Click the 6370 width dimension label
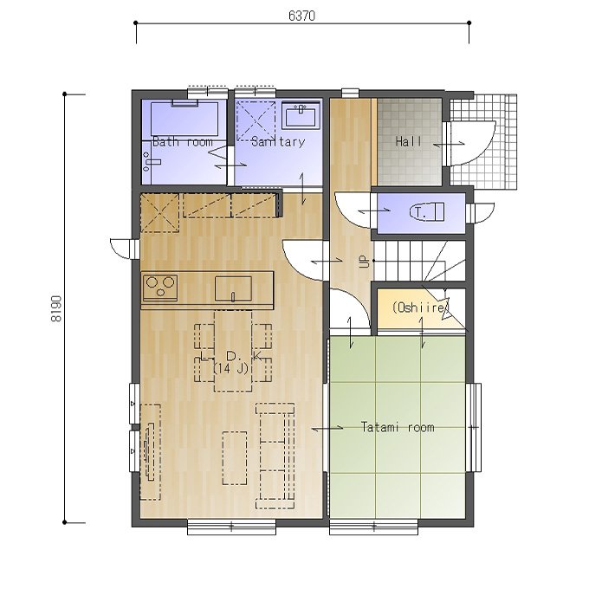[301, 16]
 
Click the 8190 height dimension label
[56, 308]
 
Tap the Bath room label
[183, 142]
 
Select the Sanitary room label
[278, 141]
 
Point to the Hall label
[408, 141]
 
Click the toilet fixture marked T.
[427, 212]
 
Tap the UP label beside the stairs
[364, 261]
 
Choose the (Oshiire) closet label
[420, 307]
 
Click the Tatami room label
[398, 427]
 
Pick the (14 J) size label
[231, 368]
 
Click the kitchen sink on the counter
[233, 288]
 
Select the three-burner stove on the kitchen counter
[160, 288]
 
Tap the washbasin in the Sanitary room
[301, 116]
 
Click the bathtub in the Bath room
[184, 119]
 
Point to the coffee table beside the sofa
[235, 458]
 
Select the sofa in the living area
[275, 456]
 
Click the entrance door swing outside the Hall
[473, 143]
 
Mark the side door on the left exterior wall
[123, 249]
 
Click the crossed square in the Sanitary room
[256, 121]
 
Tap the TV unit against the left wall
[150, 452]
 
